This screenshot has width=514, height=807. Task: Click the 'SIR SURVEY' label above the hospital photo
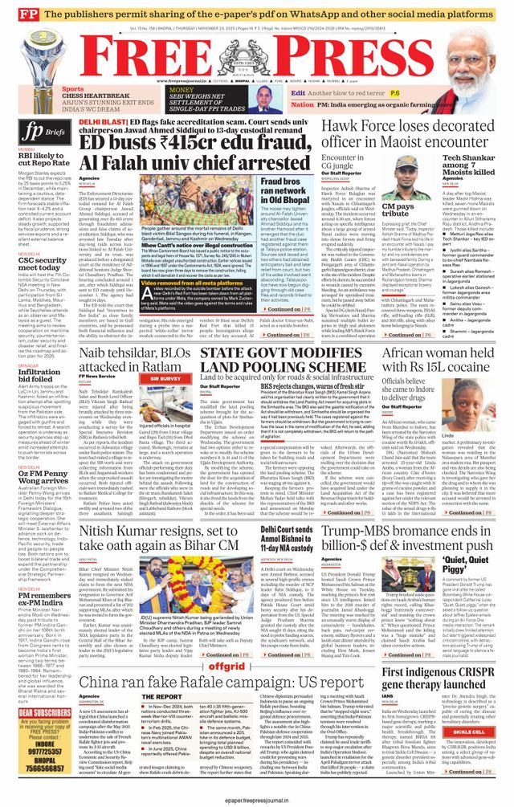click(165, 377)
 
